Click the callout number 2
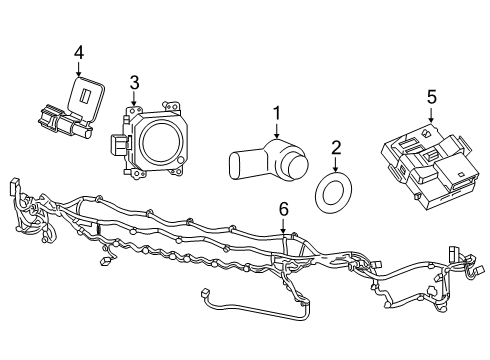coord(336,148)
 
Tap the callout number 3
coord(133,81)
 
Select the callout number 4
coord(79,50)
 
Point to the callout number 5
coord(431,97)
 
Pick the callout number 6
coord(283,209)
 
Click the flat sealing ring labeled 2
coord(334,192)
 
